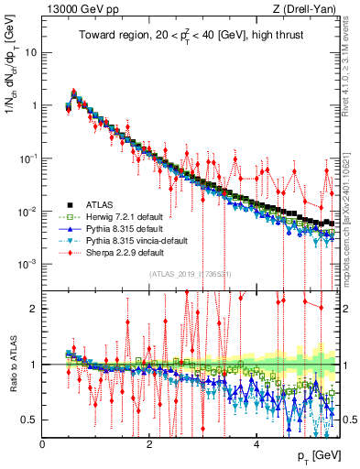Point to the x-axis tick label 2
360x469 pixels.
(149, 443)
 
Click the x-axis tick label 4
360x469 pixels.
(256, 443)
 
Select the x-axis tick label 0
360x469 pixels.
(43, 443)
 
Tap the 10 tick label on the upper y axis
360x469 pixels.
(29, 52)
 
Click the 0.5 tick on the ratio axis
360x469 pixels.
(31, 420)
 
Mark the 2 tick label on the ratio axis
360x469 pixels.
(36, 308)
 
